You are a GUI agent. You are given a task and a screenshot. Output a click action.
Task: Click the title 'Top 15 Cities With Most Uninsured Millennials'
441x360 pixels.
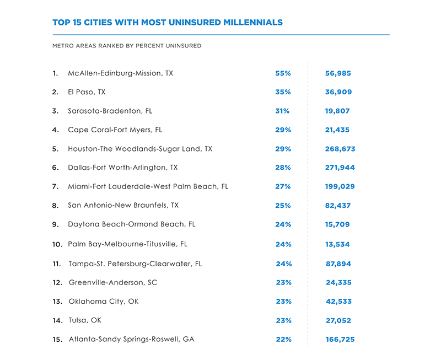coord(167,23)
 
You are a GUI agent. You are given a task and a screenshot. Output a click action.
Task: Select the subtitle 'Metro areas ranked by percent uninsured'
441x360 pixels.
coord(127,46)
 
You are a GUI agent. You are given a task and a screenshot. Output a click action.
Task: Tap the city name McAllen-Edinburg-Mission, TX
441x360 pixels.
coord(120,73)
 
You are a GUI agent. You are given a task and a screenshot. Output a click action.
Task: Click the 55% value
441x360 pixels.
coord(283,73)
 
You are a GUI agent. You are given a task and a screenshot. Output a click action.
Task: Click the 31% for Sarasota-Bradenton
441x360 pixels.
coord(282,111)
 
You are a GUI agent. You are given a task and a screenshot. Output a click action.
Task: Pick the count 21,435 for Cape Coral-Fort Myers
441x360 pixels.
coord(337,130)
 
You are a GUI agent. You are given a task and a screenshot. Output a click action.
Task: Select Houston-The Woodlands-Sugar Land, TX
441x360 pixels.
coord(140,149)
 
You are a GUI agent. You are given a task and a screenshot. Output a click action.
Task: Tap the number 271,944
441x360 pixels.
coord(340,168)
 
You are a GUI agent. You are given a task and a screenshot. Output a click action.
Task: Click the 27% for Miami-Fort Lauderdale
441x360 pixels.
coord(283,186)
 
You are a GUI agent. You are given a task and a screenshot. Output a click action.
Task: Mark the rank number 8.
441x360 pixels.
coord(55,206)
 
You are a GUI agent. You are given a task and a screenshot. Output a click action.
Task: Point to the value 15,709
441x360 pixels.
coord(337,224)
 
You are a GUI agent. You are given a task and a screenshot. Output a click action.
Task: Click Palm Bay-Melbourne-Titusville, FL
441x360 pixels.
coord(127,244)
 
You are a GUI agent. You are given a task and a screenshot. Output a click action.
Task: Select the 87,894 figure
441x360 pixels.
coord(338,264)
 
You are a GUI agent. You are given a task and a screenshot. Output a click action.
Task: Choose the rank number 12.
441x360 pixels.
coord(56,283)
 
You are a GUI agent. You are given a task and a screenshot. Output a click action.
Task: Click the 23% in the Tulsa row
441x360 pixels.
coord(283,320)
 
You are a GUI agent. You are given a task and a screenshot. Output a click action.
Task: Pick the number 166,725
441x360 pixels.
coord(340,340)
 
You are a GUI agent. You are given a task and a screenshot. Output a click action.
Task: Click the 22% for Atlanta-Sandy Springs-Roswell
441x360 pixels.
coord(283,340)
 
